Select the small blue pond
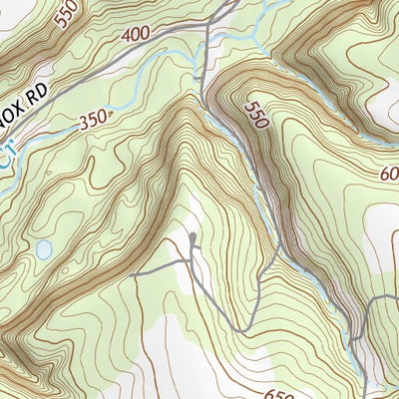(x=43, y=248)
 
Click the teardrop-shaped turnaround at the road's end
(x=193, y=239)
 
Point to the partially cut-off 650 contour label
(x=280, y=393)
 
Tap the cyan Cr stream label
(x=8, y=153)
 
